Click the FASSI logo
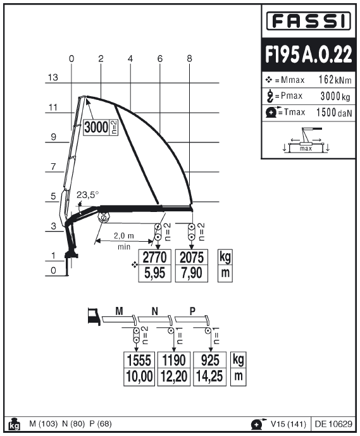309,21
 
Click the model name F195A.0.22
309,54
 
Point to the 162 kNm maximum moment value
335,80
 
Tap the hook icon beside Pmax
270,96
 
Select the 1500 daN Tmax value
334,113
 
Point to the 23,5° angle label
87,195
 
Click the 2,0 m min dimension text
124,241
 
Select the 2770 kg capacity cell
154,258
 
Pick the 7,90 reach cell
192,273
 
